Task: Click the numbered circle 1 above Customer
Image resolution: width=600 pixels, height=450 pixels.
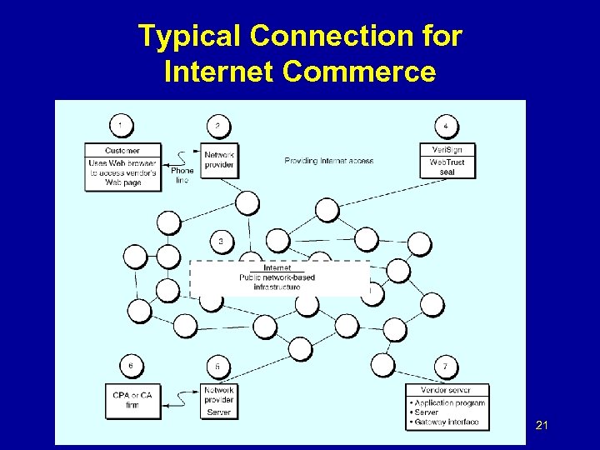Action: [x=122, y=126]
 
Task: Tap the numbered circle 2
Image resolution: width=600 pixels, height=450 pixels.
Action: [x=218, y=126]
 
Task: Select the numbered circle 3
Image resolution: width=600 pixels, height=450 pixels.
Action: [x=221, y=242]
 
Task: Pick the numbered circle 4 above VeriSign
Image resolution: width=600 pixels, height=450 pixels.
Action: [x=446, y=126]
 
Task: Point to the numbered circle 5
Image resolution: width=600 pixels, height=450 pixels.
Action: [x=218, y=366]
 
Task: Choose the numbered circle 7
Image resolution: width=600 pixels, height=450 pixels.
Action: [x=446, y=366]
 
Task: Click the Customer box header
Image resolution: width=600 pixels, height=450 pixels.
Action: [x=122, y=149]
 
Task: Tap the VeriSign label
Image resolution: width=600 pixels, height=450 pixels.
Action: [x=447, y=150]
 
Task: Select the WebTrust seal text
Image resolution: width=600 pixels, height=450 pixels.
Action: [x=447, y=167]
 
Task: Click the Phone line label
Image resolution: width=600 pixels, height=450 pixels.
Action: [x=182, y=175]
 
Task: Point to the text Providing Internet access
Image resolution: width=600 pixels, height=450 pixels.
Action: [x=328, y=160]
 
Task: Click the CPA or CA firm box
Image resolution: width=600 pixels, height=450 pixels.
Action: [x=132, y=399]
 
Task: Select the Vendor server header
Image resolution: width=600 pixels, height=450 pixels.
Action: [x=447, y=390]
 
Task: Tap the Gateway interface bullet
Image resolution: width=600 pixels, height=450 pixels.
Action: [x=447, y=422]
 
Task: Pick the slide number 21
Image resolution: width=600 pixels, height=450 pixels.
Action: [x=542, y=427]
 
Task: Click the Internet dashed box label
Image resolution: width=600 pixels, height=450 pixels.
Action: [x=277, y=267]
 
